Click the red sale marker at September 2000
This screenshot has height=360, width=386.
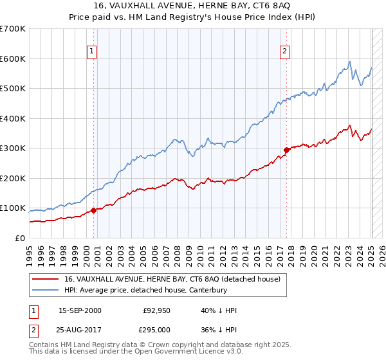(x=93, y=210)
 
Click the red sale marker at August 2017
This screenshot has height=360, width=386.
(x=286, y=150)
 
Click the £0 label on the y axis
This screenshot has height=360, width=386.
(x=20, y=238)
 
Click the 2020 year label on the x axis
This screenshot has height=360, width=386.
(x=315, y=253)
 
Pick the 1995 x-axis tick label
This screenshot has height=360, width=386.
(x=30, y=253)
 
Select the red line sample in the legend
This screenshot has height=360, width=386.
(x=45, y=280)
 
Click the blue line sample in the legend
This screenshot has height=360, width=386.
(x=45, y=290)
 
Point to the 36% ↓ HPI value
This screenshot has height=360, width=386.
(x=219, y=331)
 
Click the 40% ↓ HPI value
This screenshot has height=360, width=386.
(x=219, y=310)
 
